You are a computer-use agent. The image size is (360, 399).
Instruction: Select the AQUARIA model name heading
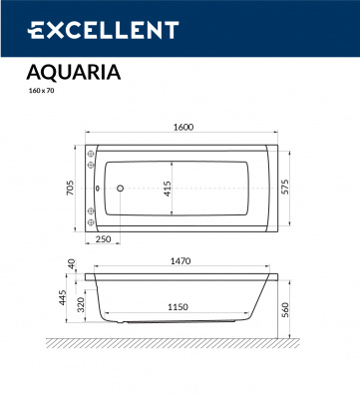72,72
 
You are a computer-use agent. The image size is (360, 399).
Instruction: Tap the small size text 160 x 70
42,91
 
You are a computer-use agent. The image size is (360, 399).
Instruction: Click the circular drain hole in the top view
119,187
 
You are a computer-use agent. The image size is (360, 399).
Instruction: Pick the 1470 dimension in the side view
180,260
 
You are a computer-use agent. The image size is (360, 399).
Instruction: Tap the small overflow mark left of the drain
102,187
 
